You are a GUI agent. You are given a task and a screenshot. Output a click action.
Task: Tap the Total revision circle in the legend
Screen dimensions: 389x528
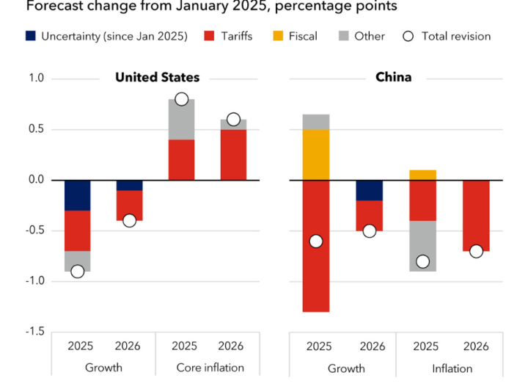coord(408,36)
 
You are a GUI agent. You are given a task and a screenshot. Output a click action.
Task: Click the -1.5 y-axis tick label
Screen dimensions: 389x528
coord(34,332)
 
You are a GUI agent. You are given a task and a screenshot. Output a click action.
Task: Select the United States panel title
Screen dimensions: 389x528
coord(157,78)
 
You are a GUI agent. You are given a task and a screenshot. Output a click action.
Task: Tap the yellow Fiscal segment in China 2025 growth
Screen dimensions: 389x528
coord(316,155)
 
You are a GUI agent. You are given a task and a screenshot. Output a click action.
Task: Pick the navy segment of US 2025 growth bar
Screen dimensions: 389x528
coord(77,195)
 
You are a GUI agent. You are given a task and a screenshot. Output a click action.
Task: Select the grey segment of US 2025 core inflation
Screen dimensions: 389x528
coord(181,119)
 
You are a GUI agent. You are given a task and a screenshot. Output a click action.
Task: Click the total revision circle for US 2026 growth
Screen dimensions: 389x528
coord(130,220)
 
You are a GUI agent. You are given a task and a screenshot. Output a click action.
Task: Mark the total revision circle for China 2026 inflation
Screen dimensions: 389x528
coord(476,251)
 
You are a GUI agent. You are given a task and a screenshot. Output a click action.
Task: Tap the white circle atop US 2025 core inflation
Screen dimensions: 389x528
coord(181,99)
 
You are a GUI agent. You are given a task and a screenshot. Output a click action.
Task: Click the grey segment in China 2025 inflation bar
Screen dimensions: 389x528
coord(423,246)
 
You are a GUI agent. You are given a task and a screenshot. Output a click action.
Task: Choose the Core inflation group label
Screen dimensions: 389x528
coord(209,367)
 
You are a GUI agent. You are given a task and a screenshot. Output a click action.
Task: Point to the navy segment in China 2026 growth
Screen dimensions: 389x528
coord(370,190)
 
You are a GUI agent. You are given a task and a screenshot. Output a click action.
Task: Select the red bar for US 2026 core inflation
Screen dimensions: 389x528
coord(233,154)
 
